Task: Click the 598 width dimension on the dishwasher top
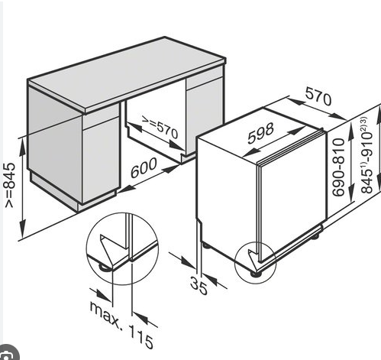[x=260, y=133]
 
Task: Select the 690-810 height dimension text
[x=339, y=167]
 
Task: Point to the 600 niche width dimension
[x=144, y=167]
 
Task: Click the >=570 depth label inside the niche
[x=160, y=128]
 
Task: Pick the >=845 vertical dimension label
[x=11, y=185]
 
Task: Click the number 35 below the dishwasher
[x=199, y=286]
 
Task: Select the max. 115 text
[x=121, y=324]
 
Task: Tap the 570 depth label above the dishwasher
[x=318, y=96]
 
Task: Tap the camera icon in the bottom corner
[x=7, y=354]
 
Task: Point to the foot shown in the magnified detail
[x=105, y=268]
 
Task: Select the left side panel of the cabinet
[x=55, y=143]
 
